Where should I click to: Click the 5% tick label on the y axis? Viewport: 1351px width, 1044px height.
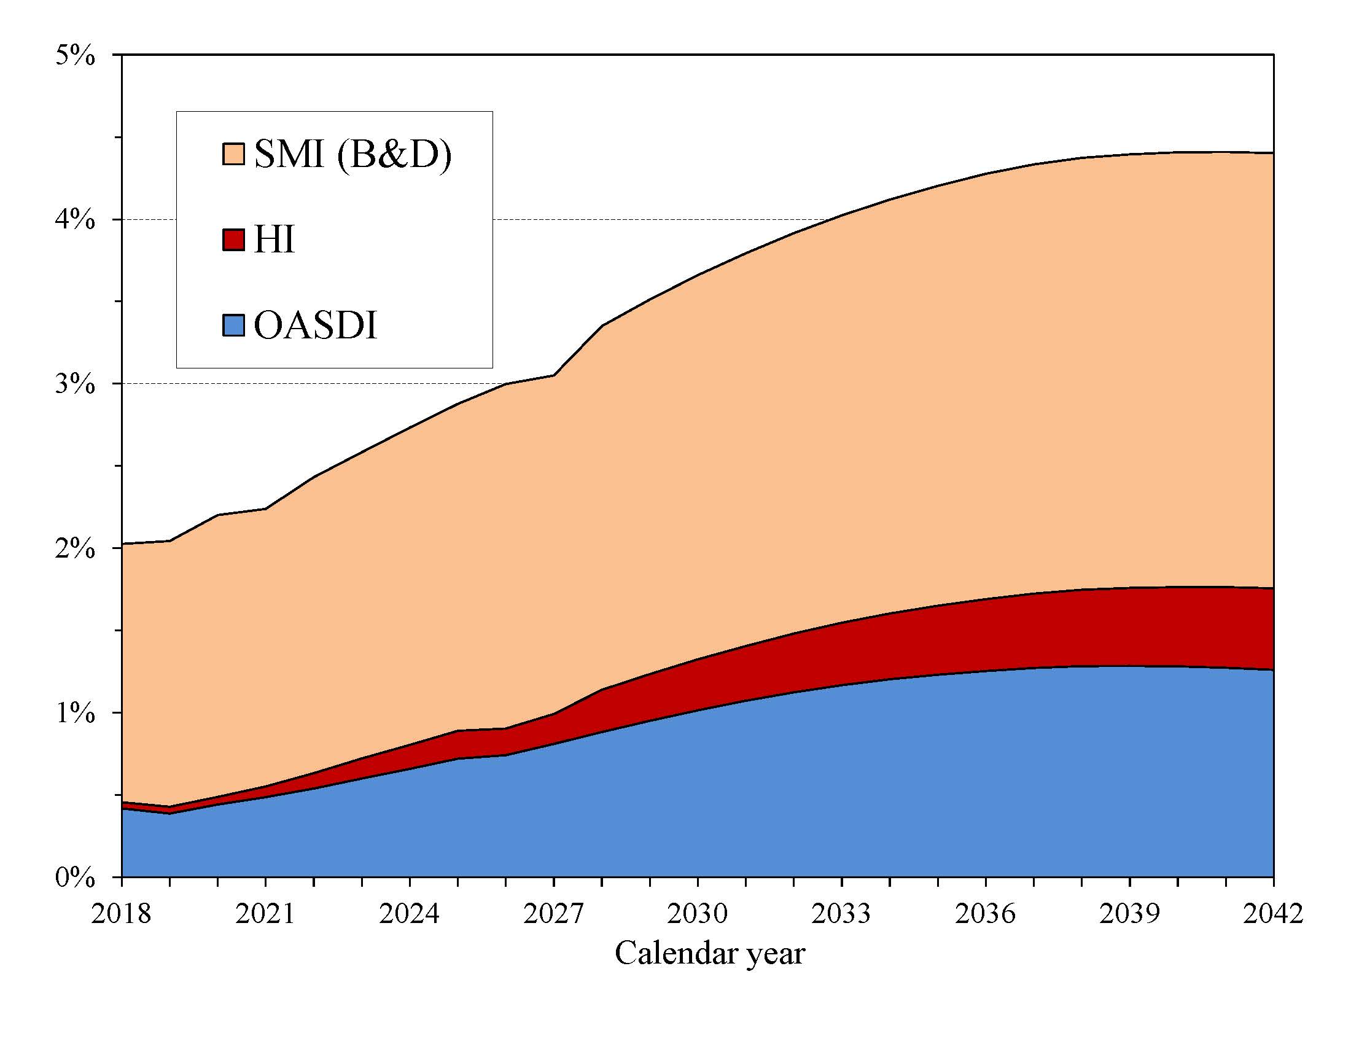click(x=75, y=56)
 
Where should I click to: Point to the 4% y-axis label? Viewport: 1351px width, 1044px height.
click(x=75, y=220)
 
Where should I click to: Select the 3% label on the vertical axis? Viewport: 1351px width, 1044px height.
click(x=75, y=384)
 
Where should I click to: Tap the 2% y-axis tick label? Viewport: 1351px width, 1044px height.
click(x=75, y=549)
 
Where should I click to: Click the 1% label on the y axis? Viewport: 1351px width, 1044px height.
click(x=75, y=714)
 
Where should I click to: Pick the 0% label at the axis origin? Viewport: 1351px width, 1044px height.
click(x=75, y=878)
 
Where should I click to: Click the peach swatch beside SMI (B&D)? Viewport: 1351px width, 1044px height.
click(x=233, y=154)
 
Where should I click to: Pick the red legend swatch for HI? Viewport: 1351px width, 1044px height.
click(x=233, y=240)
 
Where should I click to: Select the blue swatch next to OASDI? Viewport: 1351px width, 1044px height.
click(x=233, y=325)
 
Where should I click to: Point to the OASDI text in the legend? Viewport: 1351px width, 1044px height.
click(x=315, y=325)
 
